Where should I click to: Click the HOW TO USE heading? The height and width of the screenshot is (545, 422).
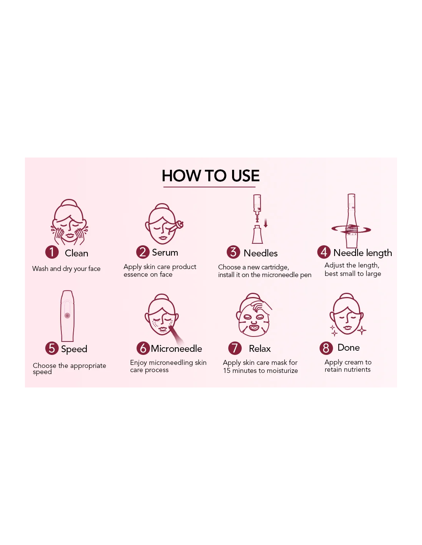coord(210,176)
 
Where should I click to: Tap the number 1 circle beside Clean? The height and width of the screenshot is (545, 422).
coord(52,252)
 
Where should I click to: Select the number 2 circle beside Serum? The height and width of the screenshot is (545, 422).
coord(143,252)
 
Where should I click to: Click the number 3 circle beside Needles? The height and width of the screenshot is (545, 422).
coord(233,252)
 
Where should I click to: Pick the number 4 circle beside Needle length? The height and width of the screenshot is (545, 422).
coord(324,252)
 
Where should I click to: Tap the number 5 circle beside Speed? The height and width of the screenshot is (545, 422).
coord(52,348)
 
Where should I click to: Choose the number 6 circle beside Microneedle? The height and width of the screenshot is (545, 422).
coord(143,348)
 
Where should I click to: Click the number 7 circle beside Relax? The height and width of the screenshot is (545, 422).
coord(235,348)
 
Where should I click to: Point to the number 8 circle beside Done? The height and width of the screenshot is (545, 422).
coord(326,348)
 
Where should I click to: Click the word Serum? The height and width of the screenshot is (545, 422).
coord(165,252)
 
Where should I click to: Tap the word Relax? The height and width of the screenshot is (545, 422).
coord(260,349)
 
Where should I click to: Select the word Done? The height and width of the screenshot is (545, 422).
coord(348,347)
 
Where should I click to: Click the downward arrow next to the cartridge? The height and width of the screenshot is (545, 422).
coord(265,223)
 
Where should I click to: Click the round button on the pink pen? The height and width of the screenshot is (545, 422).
coord(67,315)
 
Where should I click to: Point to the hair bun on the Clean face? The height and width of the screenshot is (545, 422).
coord(69,203)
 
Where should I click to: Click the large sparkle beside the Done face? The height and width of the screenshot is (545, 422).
coord(361,330)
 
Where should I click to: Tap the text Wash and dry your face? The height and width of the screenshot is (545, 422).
coord(66,269)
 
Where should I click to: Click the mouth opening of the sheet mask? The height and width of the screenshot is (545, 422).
coord(254,327)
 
